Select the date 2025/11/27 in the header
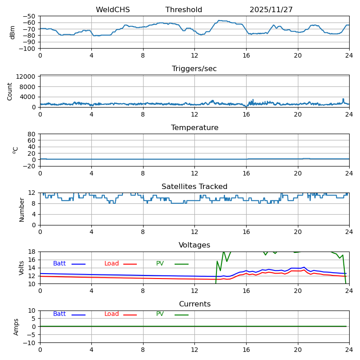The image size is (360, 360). tap(270, 10)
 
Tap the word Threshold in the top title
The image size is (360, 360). tap(184, 10)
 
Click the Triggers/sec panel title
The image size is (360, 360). tap(194, 69)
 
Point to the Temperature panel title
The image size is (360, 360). tap(194, 128)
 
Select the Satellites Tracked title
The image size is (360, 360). tap(194, 187)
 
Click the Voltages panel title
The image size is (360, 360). tap(194, 245)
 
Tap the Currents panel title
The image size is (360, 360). tap(194, 304)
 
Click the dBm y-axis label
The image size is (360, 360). tap(13, 32)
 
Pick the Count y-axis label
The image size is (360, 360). tap(10, 91)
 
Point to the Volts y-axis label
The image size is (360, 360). tap(22, 268)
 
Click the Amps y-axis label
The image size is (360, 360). tap(16, 327)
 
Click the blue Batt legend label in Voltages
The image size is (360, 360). tap(59, 264)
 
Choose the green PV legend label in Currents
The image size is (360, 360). tap(160, 314)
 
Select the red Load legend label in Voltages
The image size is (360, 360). tap(112, 264)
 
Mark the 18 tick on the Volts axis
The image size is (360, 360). tap(32, 252)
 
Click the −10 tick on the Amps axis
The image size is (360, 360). tap(30, 343)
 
